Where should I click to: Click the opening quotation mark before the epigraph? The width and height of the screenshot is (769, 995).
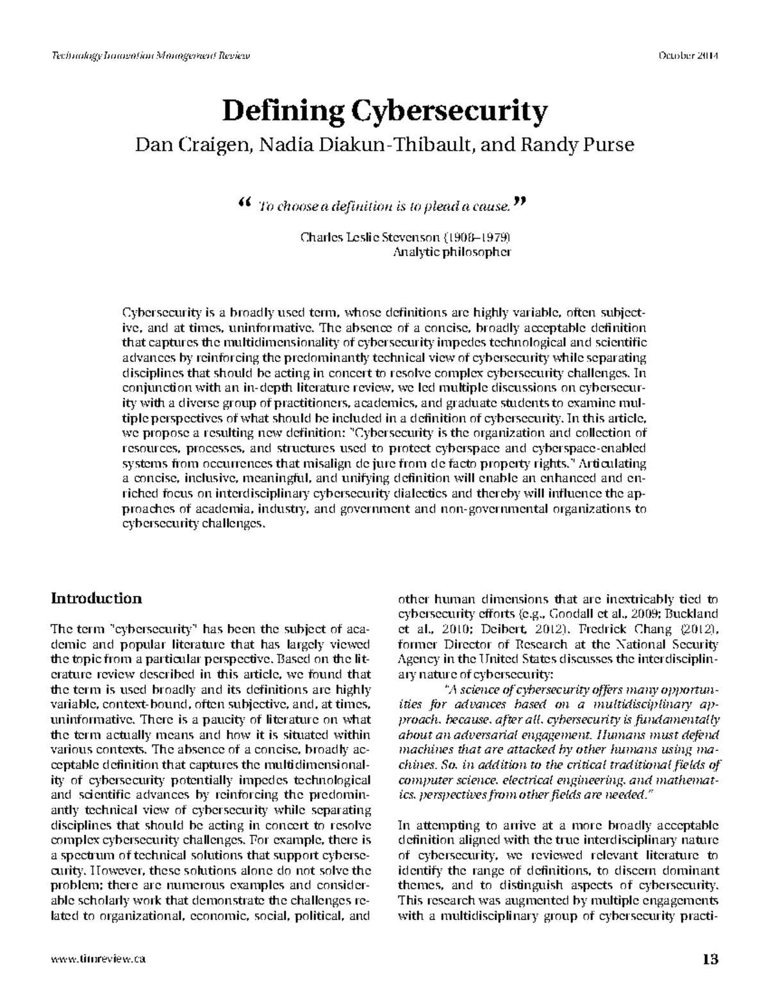pos(242,203)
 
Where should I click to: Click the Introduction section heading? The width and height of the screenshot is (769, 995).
pos(96,598)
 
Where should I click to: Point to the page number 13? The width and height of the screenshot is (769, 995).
pos(710,959)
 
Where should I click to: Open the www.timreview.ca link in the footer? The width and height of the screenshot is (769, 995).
pos(98,959)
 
